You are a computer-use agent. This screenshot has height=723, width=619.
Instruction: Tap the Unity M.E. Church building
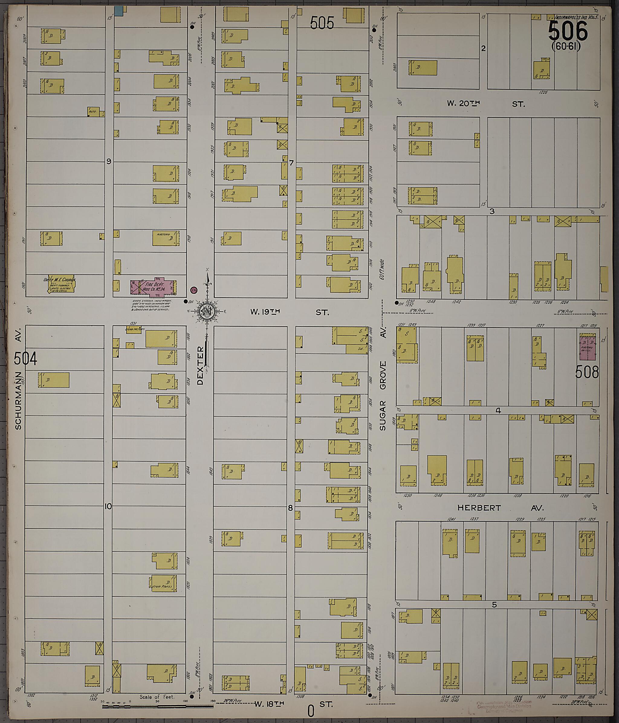tap(61, 284)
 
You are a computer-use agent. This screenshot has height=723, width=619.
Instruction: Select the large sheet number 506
tap(568, 31)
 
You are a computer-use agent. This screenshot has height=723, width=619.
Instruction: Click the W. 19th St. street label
tap(290, 312)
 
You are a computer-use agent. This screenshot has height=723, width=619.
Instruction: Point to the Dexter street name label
tap(200, 365)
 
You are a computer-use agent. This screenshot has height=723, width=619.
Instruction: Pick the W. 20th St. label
tap(486, 104)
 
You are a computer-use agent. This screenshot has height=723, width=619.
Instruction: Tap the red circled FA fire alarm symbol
tap(193, 290)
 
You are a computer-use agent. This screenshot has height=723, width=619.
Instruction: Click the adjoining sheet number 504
tap(25, 358)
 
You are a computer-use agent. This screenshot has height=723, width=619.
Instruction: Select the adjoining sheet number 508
tap(587, 372)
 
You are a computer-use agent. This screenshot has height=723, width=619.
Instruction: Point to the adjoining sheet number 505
tap(322, 23)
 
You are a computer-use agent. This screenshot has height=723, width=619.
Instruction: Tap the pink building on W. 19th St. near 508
tap(588, 347)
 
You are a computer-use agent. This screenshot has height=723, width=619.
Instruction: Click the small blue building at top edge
tap(119, 11)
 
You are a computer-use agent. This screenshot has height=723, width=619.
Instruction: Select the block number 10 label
tap(108, 506)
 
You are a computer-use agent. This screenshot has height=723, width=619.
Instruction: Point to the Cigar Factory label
tap(135, 329)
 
